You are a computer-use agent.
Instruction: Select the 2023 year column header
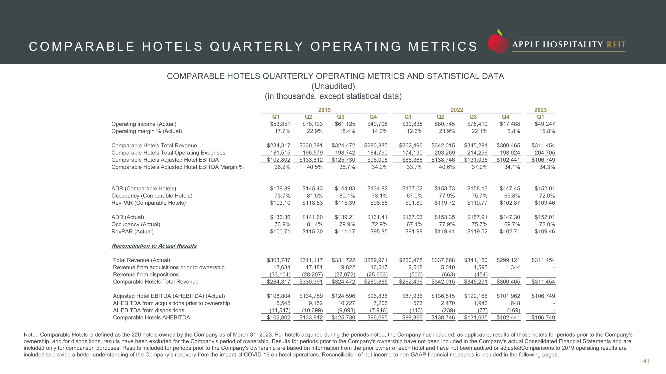[540, 110]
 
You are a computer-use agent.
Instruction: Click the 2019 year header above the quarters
[325, 110]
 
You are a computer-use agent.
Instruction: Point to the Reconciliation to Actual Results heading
[154, 246]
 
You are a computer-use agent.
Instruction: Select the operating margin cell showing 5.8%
[513, 131]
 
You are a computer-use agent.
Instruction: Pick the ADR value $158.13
[477, 188]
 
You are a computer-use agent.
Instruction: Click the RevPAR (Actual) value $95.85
[379, 231]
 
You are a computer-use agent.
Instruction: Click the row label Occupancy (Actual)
[136, 224]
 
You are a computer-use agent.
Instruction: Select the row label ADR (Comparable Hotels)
[144, 188]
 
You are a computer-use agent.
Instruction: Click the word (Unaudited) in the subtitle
[333, 86]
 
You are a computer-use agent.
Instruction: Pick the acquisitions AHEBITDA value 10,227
[346, 303]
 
